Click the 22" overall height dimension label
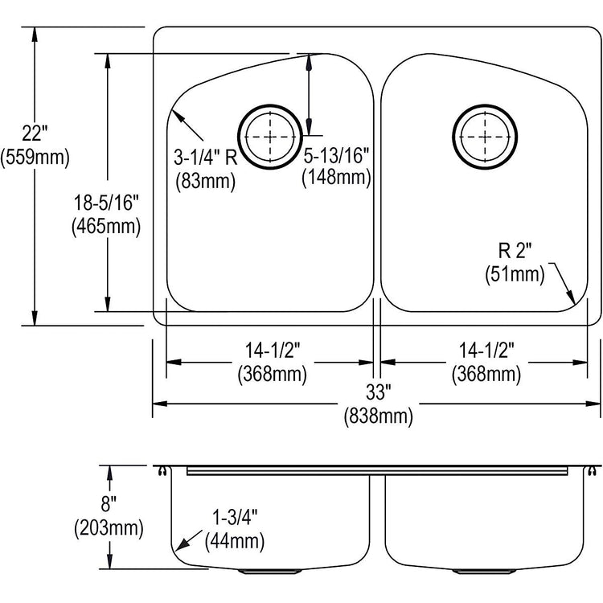tap(35, 133)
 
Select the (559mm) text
tap(35, 157)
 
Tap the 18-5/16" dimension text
tap(106, 203)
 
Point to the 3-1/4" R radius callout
tap(205, 157)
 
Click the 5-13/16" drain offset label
tap(337, 155)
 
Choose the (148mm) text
tap(337, 178)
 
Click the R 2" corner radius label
tap(515, 251)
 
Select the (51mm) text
tap(515, 275)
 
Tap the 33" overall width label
tap(379, 392)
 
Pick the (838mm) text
tap(379, 416)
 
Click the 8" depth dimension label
tap(109, 504)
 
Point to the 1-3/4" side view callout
tap(235, 517)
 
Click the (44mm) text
tap(235, 541)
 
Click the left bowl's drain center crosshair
tap(270, 137)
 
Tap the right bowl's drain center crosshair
tap(485, 137)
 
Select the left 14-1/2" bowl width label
tap(273, 350)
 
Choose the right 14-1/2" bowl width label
tap(486, 350)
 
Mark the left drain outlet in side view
tap(269, 572)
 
